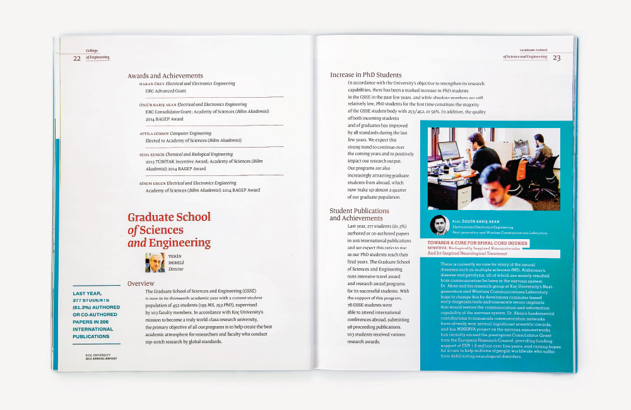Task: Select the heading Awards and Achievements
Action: [165, 76]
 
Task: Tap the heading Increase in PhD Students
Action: [366, 75]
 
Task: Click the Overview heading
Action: [141, 284]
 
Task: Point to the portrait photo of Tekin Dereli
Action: [155, 262]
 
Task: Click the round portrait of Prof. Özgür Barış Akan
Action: [439, 225]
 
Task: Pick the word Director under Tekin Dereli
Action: [176, 269]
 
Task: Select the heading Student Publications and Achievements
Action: [360, 214]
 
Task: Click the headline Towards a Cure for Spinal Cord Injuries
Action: [477, 242]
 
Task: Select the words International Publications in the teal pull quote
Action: [95, 333]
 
